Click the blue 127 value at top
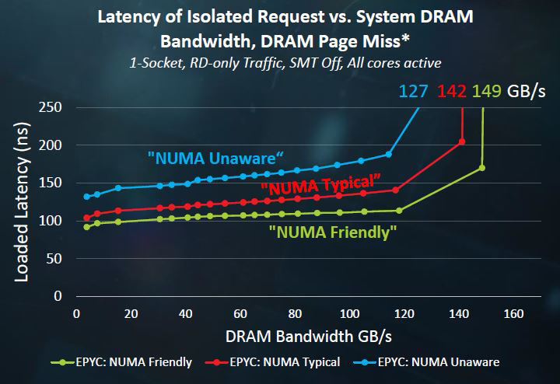(414, 92)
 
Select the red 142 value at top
(452, 92)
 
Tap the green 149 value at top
(487, 92)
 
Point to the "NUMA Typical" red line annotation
(320, 184)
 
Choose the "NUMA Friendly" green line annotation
(333, 231)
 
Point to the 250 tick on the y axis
(51, 107)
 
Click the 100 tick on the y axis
(51, 221)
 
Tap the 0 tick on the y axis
(58, 296)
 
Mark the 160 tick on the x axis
(513, 314)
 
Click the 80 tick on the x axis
(294, 314)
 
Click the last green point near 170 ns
(482, 168)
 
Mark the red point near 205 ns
(462, 141)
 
